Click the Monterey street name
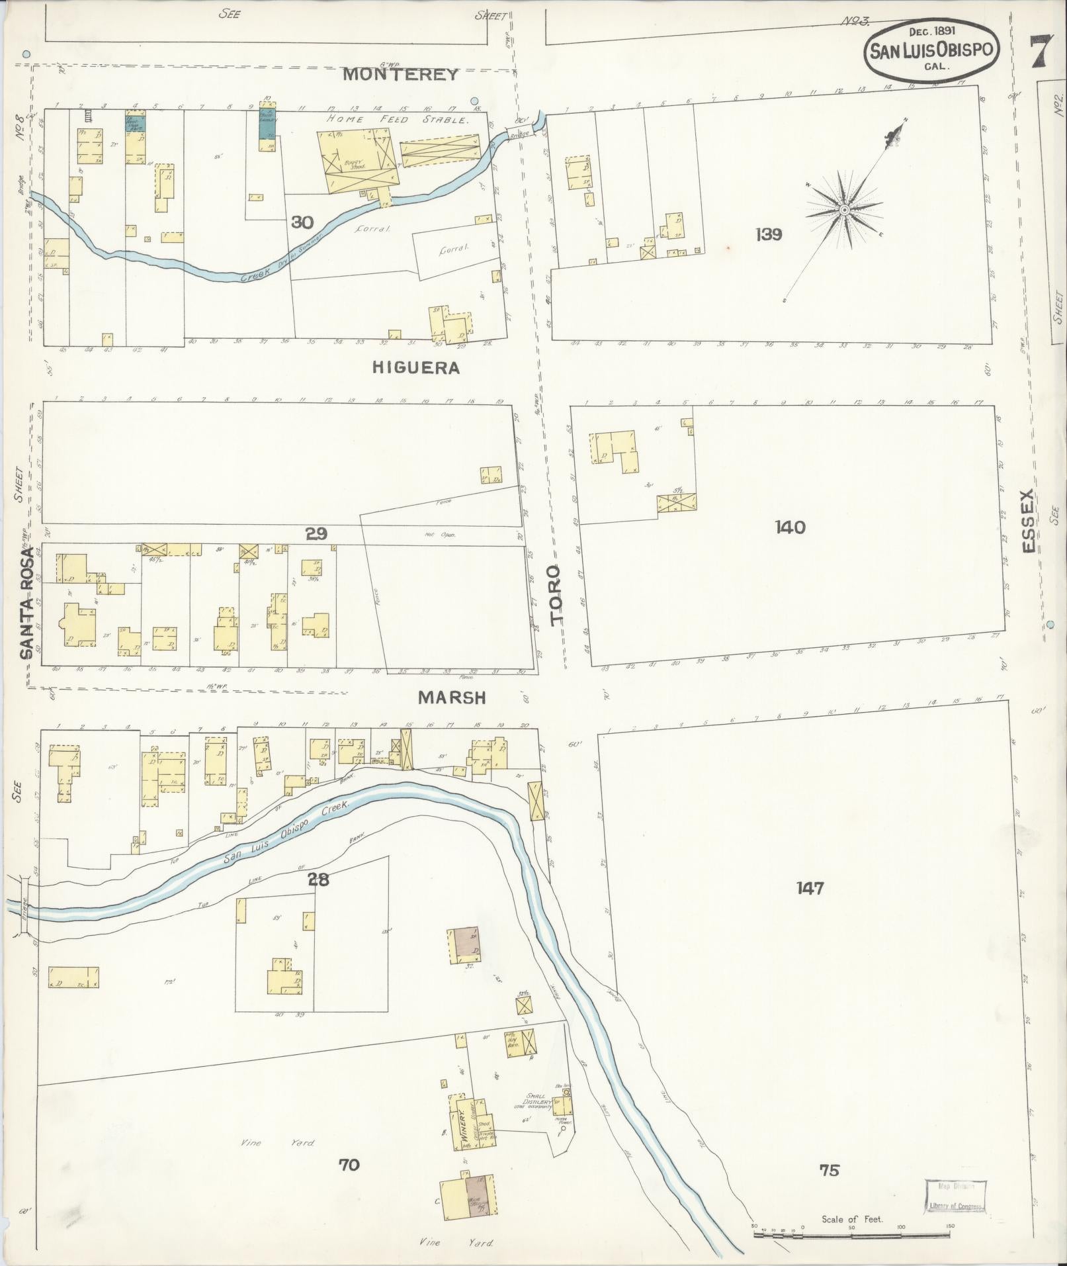(x=401, y=74)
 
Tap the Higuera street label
(x=415, y=368)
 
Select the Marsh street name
(x=452, y=698)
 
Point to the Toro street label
(x=555, y=594)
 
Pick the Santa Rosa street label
(x=26, y=602)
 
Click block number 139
(x=768, y=234)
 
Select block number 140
(x=791, y=527)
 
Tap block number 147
(x=810, y=887)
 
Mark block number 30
(x=302, y=222)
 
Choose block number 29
(x=316, y=533)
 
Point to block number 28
(x=318, y=880)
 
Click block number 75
(x=829, y=1170)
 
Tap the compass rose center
(x=844, y=210)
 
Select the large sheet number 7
(x=1041, y=50)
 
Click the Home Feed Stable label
(x=398, y=120)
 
